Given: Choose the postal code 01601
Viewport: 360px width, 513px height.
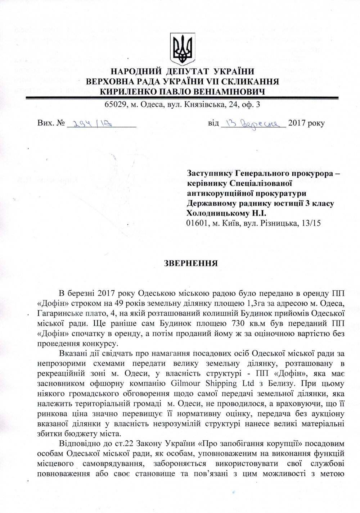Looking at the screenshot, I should click(x=197, y=223).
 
